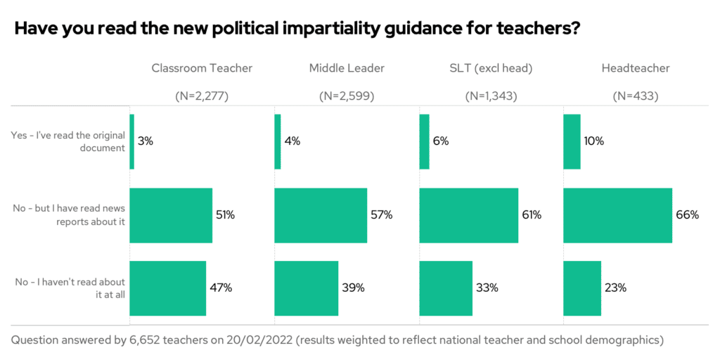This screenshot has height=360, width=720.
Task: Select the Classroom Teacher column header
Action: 202,68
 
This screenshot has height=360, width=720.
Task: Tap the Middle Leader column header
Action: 347,68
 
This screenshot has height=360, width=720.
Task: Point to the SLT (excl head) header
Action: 491,68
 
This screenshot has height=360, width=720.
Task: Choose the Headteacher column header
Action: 636,68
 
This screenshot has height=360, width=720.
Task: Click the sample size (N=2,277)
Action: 202,96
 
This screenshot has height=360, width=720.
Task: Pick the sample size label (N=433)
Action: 636,96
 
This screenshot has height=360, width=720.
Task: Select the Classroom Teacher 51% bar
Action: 171,215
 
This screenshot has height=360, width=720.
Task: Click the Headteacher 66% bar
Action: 618,215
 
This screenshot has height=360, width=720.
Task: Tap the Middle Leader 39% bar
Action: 307,288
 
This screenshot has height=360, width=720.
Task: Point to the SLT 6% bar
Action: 424,141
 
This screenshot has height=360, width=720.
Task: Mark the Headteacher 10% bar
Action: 572,141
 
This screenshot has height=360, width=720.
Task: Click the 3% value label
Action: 146,141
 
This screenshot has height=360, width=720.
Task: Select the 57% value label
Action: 381,215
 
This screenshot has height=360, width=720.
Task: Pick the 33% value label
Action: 487,288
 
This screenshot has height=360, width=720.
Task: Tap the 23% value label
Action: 615,288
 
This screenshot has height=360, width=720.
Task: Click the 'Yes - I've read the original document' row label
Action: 68,141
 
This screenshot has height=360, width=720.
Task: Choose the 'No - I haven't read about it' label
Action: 70,288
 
